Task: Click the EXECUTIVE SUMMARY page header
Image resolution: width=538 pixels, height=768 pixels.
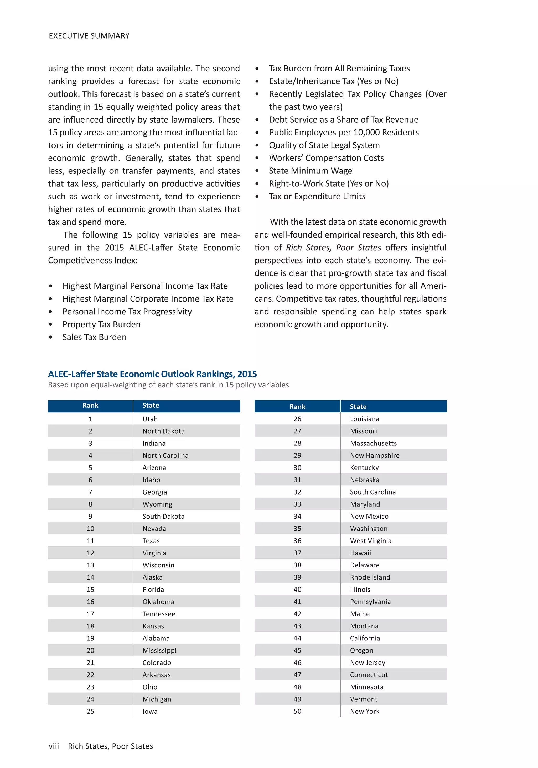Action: click(89, 36)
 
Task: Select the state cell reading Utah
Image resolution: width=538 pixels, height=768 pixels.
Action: click(150, 419)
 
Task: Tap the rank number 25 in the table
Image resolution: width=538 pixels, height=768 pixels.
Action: click(90, 711)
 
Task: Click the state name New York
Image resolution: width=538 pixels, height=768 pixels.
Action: click(365, 711)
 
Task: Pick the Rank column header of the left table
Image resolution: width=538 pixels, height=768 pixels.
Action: click(90, 406)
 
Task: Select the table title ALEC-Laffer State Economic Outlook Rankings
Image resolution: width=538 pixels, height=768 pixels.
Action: click(152, 374)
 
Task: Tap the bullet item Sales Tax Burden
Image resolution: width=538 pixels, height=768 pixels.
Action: click(94, 337)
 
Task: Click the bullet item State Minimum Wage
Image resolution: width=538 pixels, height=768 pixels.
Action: click(310, 171)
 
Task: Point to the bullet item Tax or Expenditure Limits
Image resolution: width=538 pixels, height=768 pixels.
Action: click(317, 196)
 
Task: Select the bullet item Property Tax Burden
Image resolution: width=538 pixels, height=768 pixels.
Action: click(101, 324)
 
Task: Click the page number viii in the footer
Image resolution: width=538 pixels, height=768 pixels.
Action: click(54, 746)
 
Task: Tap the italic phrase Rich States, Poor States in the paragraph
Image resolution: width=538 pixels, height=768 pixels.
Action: click(333, 248)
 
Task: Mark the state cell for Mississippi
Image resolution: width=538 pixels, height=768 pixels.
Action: click(159, 650)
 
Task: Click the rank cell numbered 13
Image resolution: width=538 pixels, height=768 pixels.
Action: click(90, 565)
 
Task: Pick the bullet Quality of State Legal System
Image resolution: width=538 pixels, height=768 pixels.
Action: click(324, 145)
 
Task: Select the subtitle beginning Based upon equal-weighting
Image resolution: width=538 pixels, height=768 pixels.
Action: click(168, 385)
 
